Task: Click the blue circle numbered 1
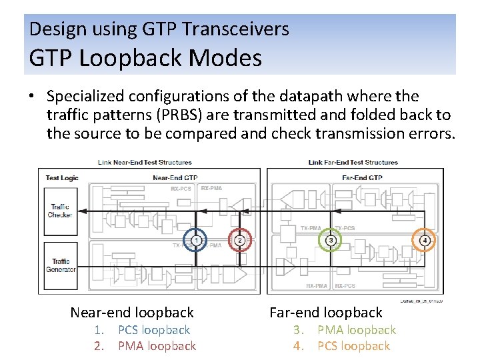[195, 240]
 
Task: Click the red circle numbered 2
[240, 240]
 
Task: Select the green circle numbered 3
[330, 240]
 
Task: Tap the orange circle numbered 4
[425, 240]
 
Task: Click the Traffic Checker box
[60, 211]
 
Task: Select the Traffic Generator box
[60, 265]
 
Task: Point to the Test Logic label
[62, 178]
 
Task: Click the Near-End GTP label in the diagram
[175, 178]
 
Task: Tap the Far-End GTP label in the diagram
[361, 178]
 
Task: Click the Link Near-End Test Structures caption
[145, 162]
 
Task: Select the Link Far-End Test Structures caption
[353, 162]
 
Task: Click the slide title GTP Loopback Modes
[145, 59]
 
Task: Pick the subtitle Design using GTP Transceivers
[159, 29]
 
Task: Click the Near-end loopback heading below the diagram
[132, 312]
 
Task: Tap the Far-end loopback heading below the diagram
[325, 312]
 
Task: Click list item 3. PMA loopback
[344, 330]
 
